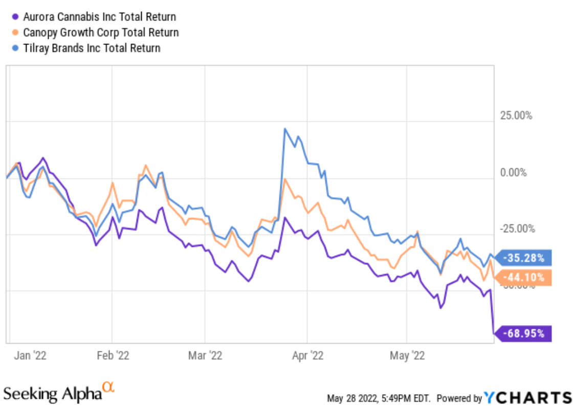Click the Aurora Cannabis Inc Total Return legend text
[x=99, y=17]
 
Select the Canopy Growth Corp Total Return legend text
[x=101, y=33]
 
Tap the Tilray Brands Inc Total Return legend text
[x=92, y=48]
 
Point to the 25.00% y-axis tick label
[x=516, y=116]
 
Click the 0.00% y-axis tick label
[x=513, y=172]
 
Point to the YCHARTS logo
[x=527, y=397]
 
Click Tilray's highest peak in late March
[x=285, y=129]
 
